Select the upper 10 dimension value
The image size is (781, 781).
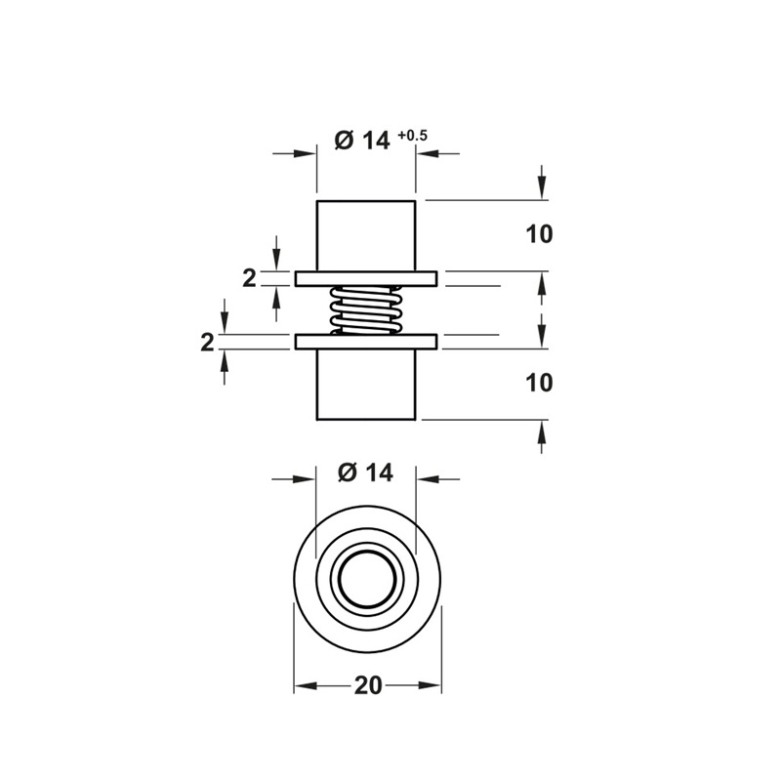[x=539, y=234]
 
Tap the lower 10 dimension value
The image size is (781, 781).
[x=539, y=383]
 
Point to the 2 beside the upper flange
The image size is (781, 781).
[x=249, y=278]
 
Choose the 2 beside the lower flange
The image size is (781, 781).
[x=206, y=343]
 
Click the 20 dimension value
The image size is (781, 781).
[x=367, y=686]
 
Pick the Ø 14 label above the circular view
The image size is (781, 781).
[x=365, y=473]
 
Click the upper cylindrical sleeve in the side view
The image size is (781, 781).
[x=367, y=235]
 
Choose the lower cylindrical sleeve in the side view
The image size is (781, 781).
[x=367, y=386]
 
